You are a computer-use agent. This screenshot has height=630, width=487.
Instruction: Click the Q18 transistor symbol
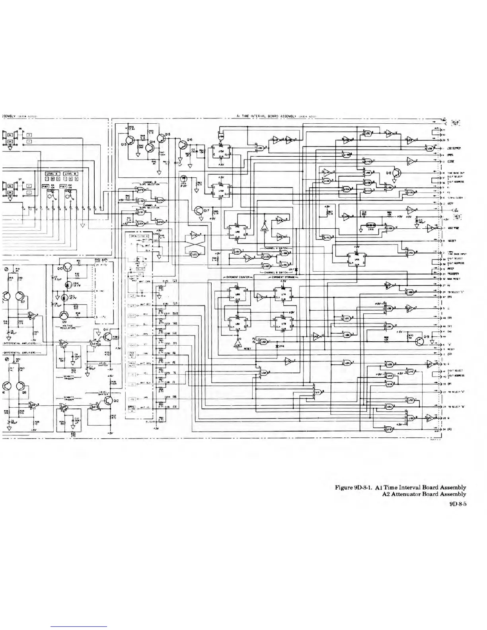tap(397, 173)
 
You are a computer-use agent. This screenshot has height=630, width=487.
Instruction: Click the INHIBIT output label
tap(451, 241)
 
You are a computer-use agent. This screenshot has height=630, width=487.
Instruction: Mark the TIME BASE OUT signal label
tap(456, 173)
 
